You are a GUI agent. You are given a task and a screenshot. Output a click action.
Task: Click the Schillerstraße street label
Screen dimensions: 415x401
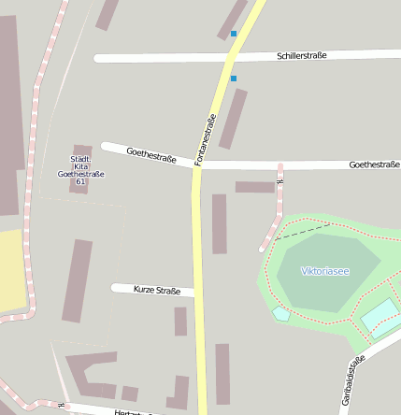click(302, 56)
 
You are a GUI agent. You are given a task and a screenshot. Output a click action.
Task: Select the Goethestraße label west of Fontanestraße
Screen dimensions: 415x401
click(150, 155)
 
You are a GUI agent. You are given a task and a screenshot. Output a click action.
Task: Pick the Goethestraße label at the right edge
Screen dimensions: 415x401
click(374, 165)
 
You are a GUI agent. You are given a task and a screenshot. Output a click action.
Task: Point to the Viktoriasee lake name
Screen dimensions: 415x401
click(325, 271)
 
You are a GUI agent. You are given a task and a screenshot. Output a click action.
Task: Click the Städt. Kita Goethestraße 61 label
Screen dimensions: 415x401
click(80, 170)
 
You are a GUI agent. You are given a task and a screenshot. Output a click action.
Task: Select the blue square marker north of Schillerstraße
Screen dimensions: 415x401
click(234, 34)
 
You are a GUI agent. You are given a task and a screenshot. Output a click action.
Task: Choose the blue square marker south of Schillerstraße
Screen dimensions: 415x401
click(234, 79)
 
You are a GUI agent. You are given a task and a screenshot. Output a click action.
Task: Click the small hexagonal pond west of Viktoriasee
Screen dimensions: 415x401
click(281, 313)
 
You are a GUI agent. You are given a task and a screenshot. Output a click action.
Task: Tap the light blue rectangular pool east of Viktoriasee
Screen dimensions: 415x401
click(380, 315)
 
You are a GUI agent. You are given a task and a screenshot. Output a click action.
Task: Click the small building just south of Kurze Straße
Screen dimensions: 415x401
click(180, 322)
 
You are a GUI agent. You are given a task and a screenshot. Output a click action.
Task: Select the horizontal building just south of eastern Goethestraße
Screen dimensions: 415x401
click(254, 187)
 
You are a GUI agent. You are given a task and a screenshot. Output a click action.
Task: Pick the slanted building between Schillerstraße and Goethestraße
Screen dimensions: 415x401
click(233, 119)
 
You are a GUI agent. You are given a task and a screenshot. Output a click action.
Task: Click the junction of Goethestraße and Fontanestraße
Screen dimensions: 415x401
click(198, 165)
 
